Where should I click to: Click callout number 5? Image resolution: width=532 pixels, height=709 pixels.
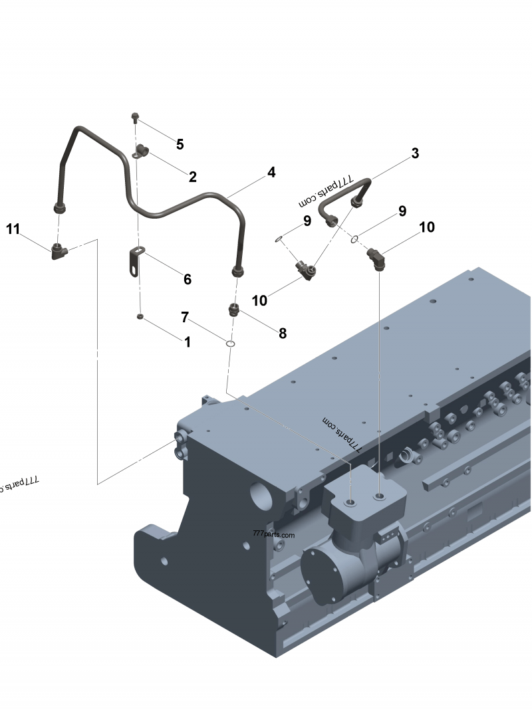[x=180, y=144]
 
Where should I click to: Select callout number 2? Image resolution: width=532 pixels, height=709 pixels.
[x=192, y=177]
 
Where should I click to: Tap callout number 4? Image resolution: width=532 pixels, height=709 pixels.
[x=271, y=172]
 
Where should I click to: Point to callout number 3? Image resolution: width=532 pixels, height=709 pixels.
[x=415, y=153]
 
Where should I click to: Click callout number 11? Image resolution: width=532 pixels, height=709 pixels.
[x=13, y=229]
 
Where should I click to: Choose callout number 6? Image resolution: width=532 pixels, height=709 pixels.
[x=188, y=280]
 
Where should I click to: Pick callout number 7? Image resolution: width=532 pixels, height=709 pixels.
[x=185, y=317]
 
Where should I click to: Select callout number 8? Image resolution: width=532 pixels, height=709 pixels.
[x=283, y=334]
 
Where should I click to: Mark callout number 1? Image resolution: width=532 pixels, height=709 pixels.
[x=188, y=342]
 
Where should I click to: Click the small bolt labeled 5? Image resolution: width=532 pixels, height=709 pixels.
[x=136, y=119]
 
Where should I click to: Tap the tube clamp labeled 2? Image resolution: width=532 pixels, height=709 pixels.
[x=141, y=151]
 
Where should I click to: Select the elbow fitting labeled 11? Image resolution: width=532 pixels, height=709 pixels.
[x=59, y=251]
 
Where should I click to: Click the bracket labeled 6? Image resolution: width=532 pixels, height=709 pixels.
[x=136, y=262]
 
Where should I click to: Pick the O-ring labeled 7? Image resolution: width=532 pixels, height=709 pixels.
[x=230, y=344]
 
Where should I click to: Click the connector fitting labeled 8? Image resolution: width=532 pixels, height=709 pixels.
[x=234, y=310]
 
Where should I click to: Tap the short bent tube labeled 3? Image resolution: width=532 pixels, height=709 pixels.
[x=346, y=202]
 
